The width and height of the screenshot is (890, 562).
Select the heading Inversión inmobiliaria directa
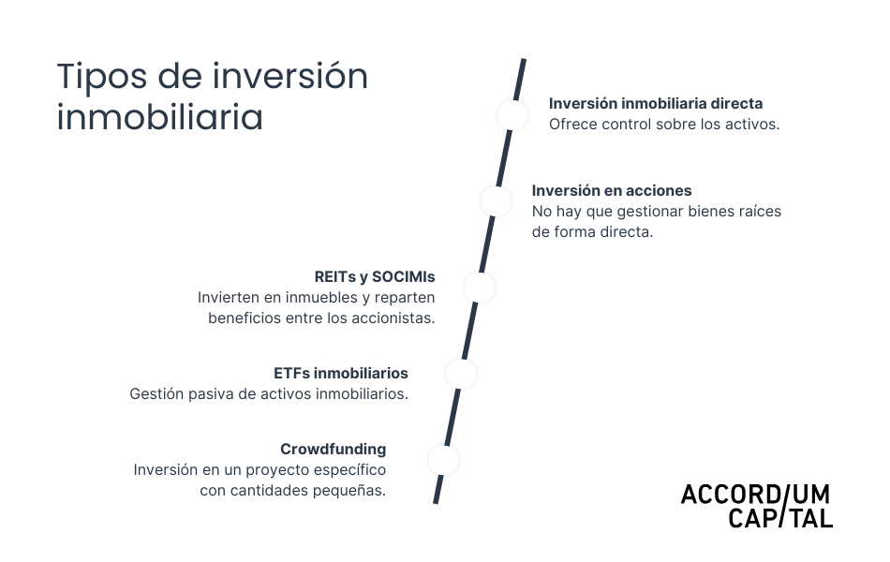pyautogui.click(x=656, y=103)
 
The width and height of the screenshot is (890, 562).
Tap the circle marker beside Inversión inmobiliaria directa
pyautogui.click(x=512, y=114)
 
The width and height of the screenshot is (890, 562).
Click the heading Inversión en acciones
pyautogui.click(x=612, y=190)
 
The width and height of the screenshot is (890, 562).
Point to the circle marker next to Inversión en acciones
pyautogui.click(x=496, y=200)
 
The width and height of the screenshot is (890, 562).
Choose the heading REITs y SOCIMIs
pyautogui.click(x=375, y=277)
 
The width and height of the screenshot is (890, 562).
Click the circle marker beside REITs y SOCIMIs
pyautogui.click(x=479, y=288)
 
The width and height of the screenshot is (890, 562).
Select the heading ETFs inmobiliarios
pyautogui.click(x=340, y=374)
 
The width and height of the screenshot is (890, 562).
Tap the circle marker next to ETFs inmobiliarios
pyautogui.click(x=461, y=374)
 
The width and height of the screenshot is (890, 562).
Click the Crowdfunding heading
pyautogui.click(x=333, y=449)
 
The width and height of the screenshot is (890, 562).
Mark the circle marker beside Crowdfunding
pyautogui.click(x=443, y=460)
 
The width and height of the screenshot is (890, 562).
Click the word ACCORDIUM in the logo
pyautogui.click(x=755, y=495)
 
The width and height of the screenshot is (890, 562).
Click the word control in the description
pyautogui.click(x=640, y=124)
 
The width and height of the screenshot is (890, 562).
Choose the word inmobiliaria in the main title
pyautogui.click(x=159, y=119)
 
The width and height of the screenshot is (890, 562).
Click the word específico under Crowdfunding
pyautogui.click(x=351, y=469)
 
